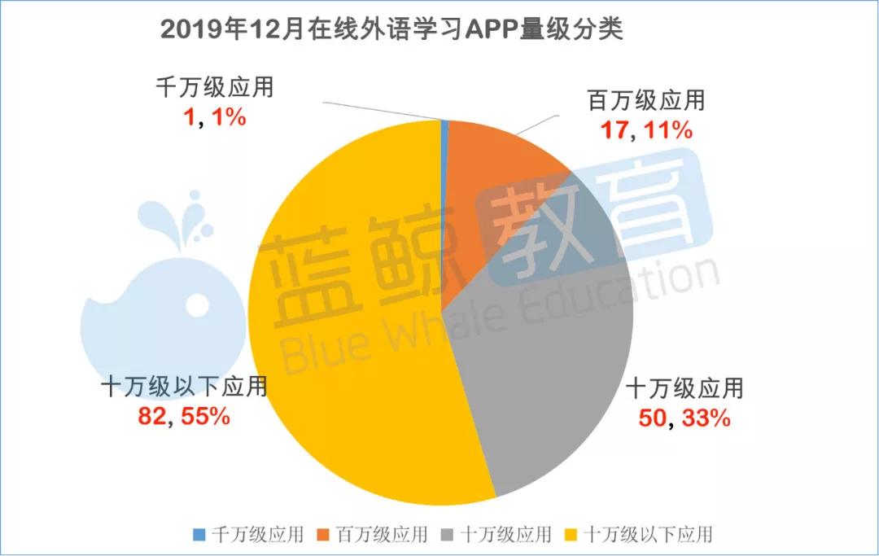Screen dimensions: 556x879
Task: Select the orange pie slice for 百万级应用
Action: click(x=496, y=187)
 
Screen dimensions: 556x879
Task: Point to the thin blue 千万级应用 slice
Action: click(x=444, y=124)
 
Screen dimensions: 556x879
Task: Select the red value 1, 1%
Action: click(x=212, y=116)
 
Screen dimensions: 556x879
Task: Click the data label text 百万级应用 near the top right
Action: click(x=645, y=102)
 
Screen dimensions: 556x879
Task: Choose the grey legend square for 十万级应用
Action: click(x=448, y=535)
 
